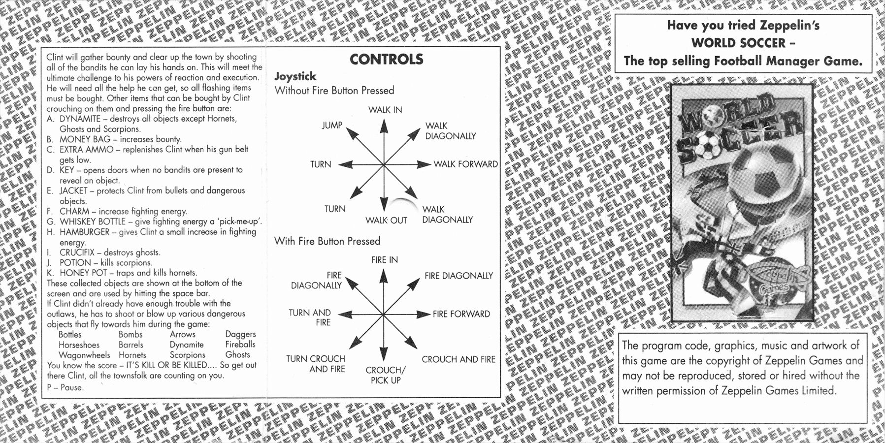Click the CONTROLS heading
pyautogui.click(x=386, y=59)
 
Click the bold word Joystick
pyautogui.click(x=295, y=77)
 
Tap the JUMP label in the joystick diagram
pyautogui.click(x=332, y=126)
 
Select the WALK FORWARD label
pyautogui.click(x=465, y=164)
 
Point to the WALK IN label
pyautogui.click(x=385, y=110)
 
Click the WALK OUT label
pyautogui.click(x=386, y=221)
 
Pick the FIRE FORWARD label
pyautogui.click(x=461, y=314)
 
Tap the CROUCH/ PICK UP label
pyautogui.click(x=386, y=375)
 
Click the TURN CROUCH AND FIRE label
pyautogui.click(x=316, y=364)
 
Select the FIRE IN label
pyautogui.click(x=385, y=260)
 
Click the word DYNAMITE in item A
pyautogui.click(x=80, y=119)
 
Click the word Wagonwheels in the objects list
pyautogui.click(x=84, y=355)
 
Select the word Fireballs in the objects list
pyautogui.click(x=240, y=345)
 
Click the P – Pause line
pyautogui.click(x=66, y=387)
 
